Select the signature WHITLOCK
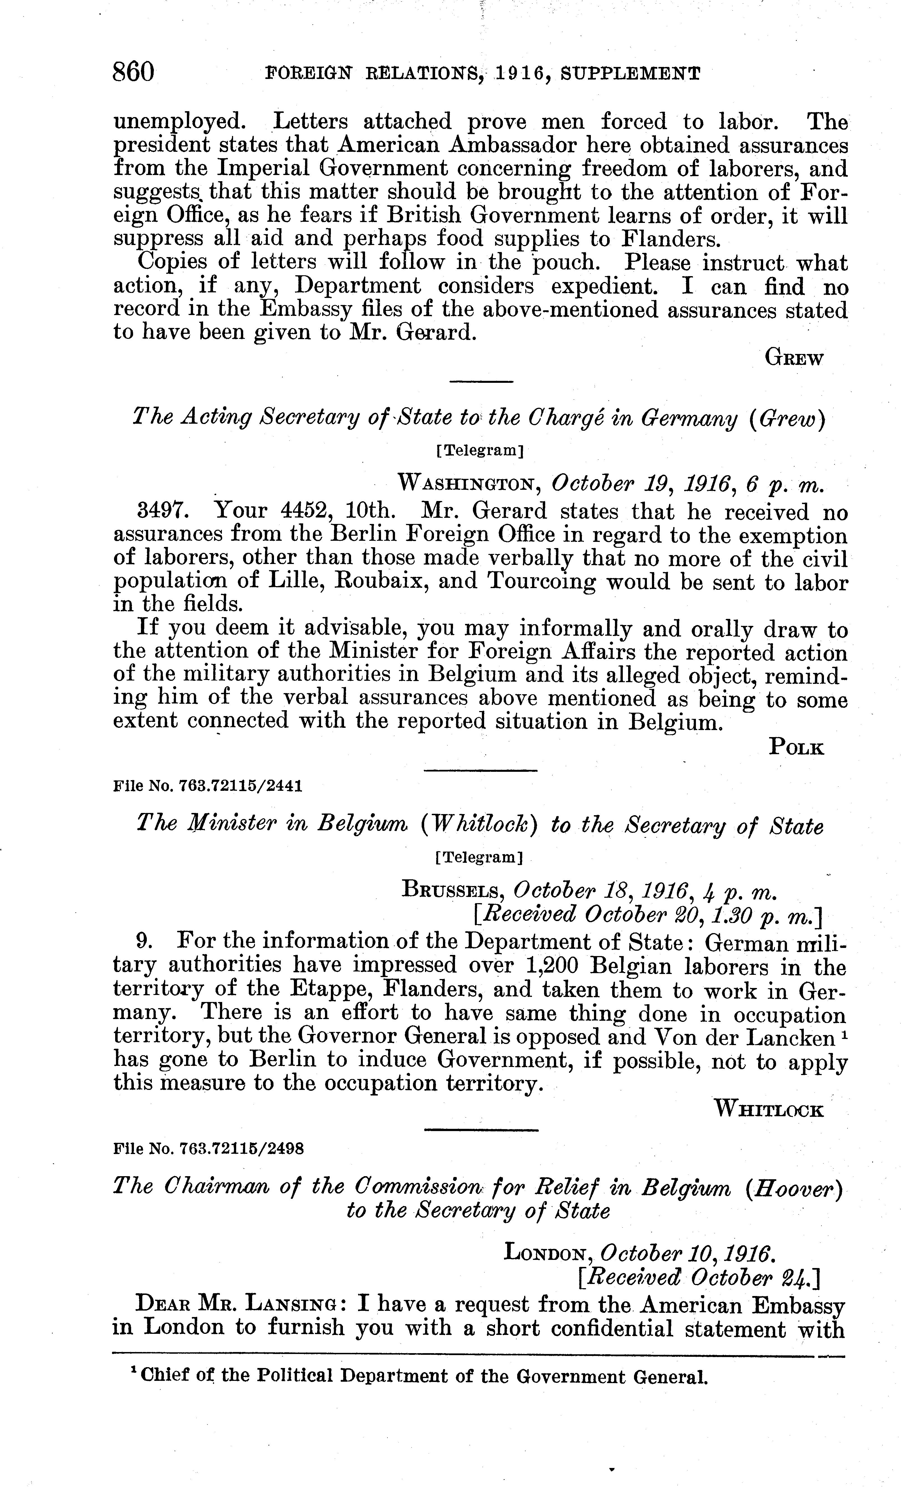(x=769, y=1109)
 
